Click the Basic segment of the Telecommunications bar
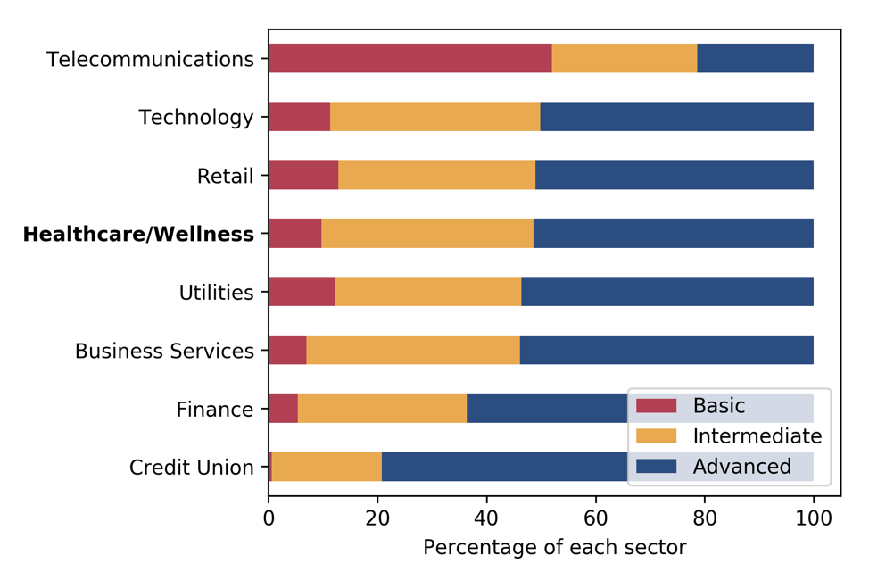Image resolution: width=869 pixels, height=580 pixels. (410, 59)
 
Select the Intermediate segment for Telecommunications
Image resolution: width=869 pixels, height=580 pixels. (624, 59)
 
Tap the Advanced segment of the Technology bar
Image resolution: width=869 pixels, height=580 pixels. (676, 117)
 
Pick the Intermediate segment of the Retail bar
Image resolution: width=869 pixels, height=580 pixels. (436, 176)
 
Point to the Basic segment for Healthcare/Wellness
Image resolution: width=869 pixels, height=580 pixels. (294, 234)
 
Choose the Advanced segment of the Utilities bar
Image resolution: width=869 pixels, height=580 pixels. (666, 292)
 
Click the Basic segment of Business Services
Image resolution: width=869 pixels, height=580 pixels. (287, 351)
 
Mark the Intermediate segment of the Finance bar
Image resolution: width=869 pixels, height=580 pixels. (382, 409)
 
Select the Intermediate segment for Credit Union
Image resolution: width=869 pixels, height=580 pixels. (327, 467)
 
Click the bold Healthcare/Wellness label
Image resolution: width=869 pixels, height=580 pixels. (138, 235)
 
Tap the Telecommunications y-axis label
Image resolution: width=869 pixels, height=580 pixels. (151, 60)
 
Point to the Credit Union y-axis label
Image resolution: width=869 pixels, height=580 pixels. (192, 468)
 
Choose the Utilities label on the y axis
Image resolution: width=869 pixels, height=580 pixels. (216, 293)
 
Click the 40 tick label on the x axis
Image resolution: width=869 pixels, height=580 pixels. (486, 517)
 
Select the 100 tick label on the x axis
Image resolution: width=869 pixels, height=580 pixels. (813, 517)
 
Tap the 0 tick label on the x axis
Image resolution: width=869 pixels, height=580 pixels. (269, 517)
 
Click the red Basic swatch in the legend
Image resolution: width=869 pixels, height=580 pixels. (656, 406)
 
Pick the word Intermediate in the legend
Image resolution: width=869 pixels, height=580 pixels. (757, 436)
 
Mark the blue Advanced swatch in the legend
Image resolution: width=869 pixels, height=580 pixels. (656, 466)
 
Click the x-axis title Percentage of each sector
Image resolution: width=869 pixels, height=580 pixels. (554, 547)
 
